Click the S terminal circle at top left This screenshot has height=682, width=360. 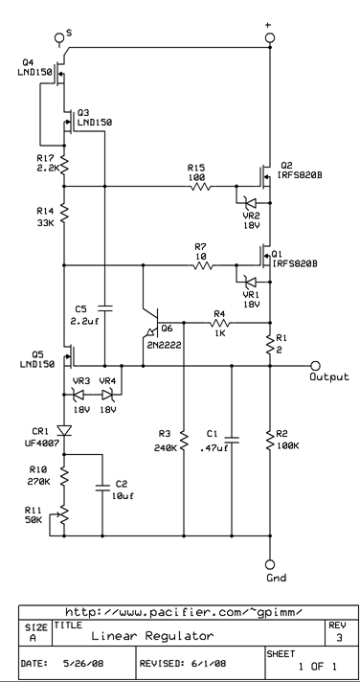63,37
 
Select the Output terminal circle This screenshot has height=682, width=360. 315,365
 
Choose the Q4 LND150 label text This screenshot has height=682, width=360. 19,72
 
